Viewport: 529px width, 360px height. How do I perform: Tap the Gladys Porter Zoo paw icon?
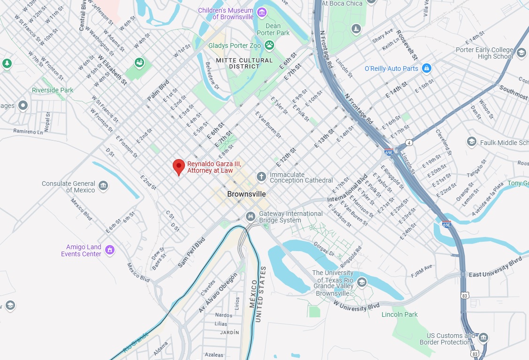click(x=269, y=45)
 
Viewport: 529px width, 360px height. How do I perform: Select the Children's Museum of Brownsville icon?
click(x=261, y=12)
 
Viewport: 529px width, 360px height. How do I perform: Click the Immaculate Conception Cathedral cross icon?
click(x=261, y=176)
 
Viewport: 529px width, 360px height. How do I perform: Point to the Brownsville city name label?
click(x=246, y=194)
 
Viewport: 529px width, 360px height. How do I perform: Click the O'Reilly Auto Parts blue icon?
click(x=426, y=69)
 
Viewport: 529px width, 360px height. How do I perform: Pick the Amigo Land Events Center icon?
click(x=110, y=249)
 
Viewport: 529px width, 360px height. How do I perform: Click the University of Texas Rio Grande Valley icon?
click(x=361, y=282)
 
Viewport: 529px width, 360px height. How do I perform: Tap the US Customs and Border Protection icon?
click(x=483, y=338)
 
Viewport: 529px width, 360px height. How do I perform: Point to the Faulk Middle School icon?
click(x=472, y=142)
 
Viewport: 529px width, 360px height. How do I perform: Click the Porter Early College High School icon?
click(x=521, y=53)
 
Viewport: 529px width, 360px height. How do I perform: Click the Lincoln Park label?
click(x=399, y=314)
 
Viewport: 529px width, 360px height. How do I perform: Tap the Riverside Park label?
click(x=53, y=90)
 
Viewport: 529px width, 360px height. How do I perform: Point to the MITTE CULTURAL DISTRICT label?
click(x=244, y=63)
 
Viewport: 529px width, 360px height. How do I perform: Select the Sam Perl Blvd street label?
click(x=192, y=253)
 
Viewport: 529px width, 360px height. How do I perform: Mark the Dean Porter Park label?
click(x=273, y=30)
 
